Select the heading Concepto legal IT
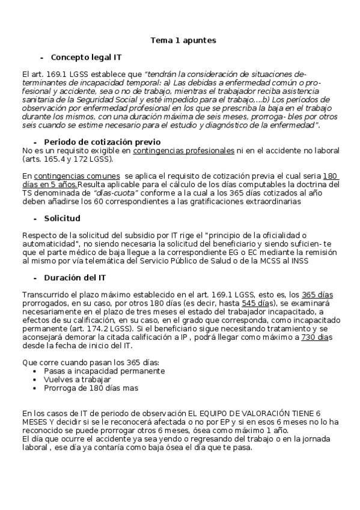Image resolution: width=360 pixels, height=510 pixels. tap(86, 58)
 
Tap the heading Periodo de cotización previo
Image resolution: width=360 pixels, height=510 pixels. tap(102, 141)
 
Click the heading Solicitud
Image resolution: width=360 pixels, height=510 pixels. tap(62, 218)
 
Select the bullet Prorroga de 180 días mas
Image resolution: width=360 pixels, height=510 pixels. tap(91, 389)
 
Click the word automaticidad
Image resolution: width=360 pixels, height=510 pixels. tap(49, 245)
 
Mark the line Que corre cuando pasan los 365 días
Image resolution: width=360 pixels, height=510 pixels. tap(90, 363)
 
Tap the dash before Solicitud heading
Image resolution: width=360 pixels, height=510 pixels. tap(35, 218)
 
